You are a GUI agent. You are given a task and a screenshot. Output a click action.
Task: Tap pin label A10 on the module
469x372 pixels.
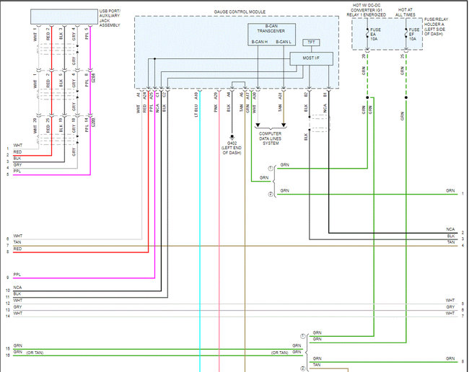point(196,94)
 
